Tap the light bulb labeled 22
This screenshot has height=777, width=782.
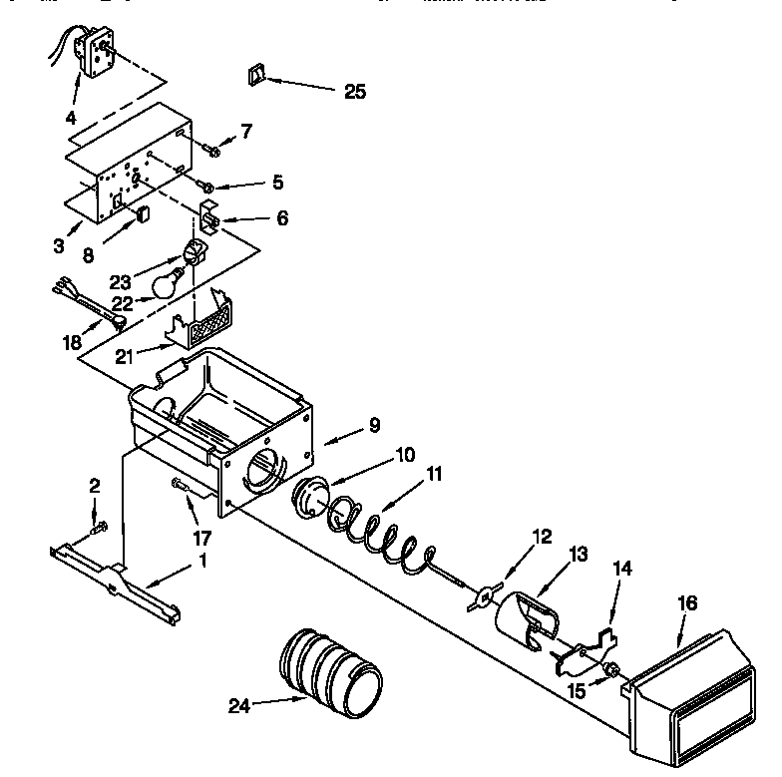click(169, 283)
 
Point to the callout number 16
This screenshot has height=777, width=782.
click(687, 603)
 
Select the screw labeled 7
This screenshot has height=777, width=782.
click(212, 150)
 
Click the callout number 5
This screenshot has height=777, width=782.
click(277, 183)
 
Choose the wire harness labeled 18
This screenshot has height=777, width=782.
click(90, 303)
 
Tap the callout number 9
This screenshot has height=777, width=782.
click(373, 425)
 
